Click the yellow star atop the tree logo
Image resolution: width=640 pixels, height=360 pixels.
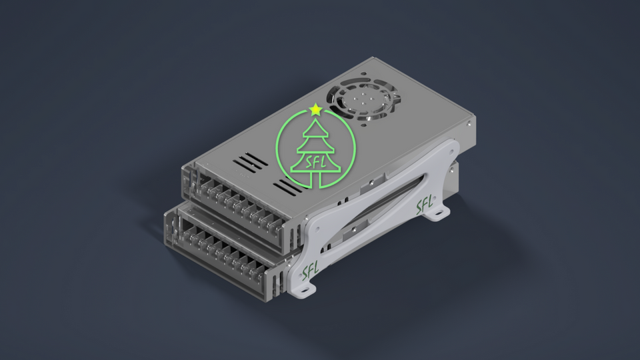coord(316,109)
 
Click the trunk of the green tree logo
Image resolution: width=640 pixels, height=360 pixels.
coord(318,178)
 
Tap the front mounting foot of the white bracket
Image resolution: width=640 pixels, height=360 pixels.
coord(305,291)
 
